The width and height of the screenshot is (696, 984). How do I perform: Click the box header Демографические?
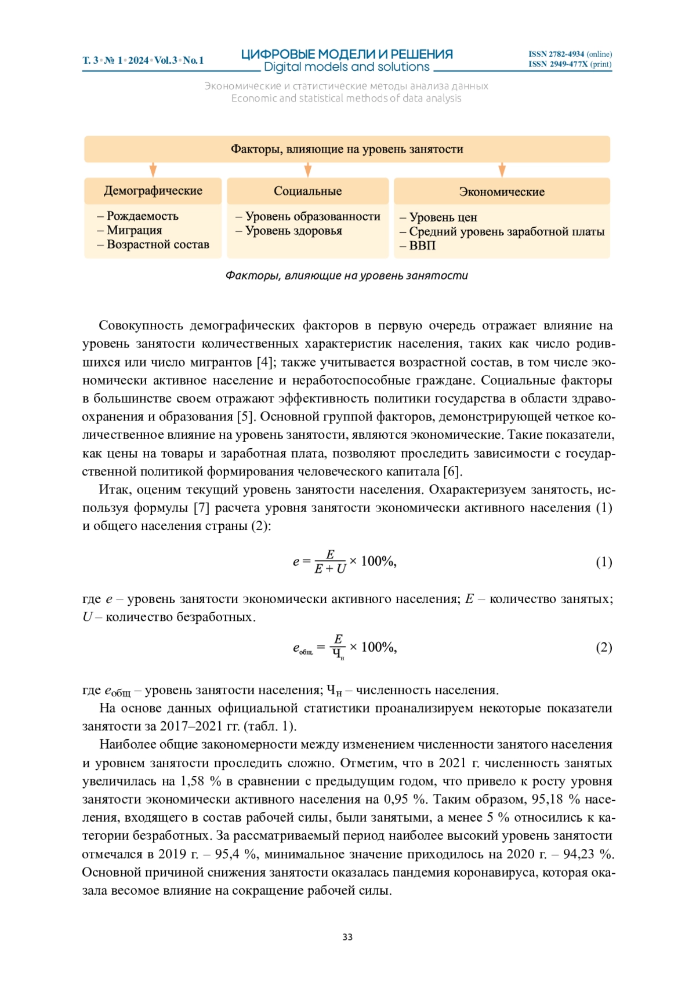(x=153, y=191)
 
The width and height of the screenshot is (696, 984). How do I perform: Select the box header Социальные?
(x=307, y=191)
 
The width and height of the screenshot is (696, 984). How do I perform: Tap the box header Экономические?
(x=502, y=191)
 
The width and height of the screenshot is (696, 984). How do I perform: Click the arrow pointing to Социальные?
(x=308, y=170)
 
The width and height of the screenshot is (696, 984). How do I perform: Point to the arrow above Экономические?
(x=502, y=170)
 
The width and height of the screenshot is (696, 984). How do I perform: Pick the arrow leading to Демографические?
(x=153, y=170)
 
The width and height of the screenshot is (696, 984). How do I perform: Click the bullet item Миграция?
(x=134, y=230)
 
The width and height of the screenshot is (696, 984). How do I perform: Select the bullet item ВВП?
(x=422, y=245)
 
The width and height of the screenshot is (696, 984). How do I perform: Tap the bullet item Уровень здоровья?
(x=293, y=231)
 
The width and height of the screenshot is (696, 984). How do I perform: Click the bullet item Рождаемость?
(x=142, y=216)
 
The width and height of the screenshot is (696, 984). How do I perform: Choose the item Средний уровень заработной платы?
(x=506, y=231)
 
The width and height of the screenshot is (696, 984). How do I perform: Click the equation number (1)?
(x=604, y=562)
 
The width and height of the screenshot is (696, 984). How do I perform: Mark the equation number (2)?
(x=604, y=647)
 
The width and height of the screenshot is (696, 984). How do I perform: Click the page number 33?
(x=347, y=937)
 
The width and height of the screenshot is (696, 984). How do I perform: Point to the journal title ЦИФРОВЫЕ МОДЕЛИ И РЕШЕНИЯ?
(x=347, y=55)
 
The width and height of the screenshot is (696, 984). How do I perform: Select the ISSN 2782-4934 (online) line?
(x=570, y=54)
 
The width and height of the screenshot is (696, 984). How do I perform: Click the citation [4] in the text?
(x=264, y=362)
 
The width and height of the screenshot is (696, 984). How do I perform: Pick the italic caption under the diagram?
(x=346, y=275)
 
